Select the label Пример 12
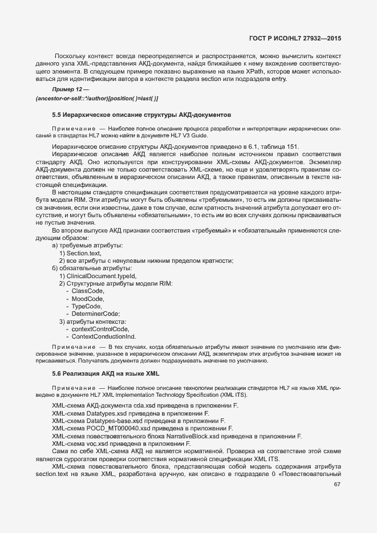tap(68, 90)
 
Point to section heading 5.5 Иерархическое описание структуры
tap(133, 115)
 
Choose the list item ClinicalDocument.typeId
tap(98, 276)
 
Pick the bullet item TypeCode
tap(87, 306)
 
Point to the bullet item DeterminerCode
tap(95, 314)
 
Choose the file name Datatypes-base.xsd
tap(114, 421)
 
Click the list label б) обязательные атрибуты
tap(92, 268)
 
